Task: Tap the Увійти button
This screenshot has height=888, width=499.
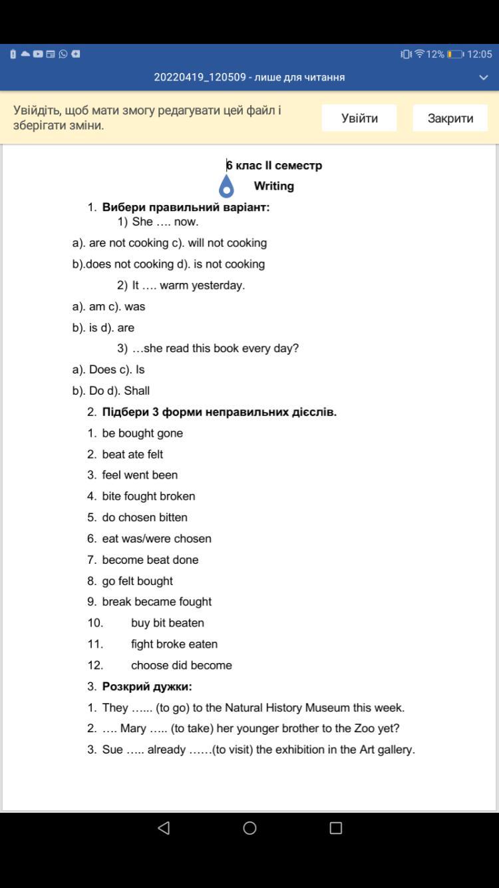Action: (359, 118)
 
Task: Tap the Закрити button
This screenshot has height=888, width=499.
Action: (450, 118)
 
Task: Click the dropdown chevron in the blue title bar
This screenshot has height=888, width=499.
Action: (484, 77)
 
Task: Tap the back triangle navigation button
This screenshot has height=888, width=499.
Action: (164, 827)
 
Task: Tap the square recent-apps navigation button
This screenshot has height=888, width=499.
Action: (336, 827)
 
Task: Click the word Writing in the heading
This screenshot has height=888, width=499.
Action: (273, 186)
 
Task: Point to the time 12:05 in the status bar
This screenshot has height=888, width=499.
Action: (479, 54)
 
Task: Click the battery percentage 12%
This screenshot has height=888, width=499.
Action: (435, 54)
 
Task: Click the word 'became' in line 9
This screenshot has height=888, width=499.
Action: (157, 601)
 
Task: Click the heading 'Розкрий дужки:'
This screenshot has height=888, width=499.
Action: (147, 686)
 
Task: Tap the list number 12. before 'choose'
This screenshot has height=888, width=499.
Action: (95, 665)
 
